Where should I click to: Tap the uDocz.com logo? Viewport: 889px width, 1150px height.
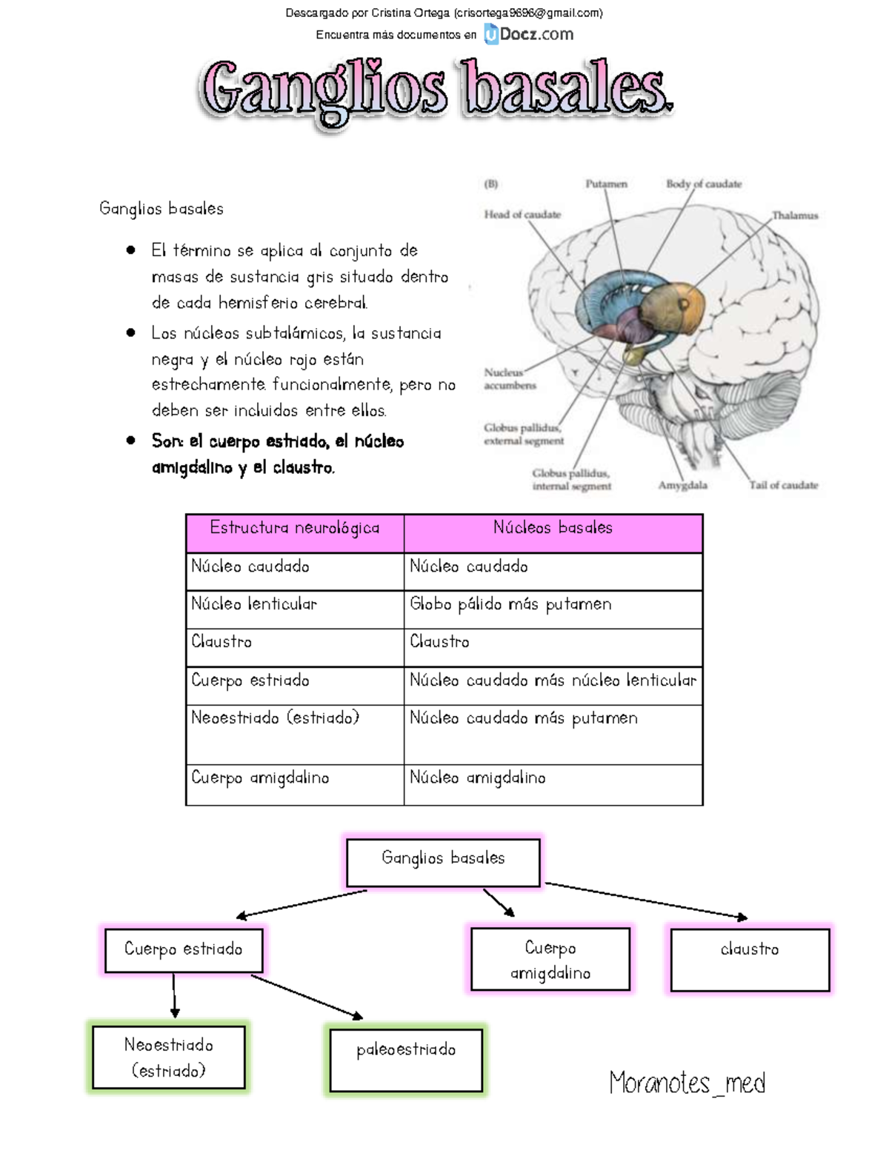[x=529, y=34]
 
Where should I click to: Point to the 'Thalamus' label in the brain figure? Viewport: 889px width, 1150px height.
[x=795, y=215]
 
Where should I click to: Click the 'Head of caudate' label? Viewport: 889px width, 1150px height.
[x=522, y=215]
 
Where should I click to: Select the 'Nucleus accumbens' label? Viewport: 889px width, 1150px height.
[x=510, y=379]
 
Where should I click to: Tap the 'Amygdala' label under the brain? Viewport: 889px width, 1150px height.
[x=682, y=486]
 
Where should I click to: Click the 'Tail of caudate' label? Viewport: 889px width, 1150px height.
[x=783, y=486]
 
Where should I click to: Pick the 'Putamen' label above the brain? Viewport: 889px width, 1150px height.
[x=606, y=184]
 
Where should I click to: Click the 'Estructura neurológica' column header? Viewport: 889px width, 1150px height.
[x=295, y=528]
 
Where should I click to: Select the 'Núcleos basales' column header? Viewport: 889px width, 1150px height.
[x=553, y=528]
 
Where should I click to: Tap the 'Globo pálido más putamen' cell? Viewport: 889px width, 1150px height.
[x=510, y=604]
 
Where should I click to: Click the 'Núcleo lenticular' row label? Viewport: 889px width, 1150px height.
[x=254, y=604]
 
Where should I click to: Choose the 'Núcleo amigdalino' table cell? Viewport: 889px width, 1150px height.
[x=478, y=778]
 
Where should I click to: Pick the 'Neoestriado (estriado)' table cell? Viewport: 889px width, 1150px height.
[x=275, y=718]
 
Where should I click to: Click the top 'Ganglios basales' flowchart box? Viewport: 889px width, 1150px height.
[x=443, y=861]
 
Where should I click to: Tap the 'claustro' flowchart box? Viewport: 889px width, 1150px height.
[x=750, y=959]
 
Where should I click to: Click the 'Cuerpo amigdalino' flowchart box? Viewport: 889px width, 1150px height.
[x=550, y=959]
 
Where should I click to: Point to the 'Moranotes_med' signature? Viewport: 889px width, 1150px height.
[x=687, y=1083]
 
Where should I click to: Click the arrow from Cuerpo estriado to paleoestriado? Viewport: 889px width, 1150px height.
[x=306, y=997]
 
